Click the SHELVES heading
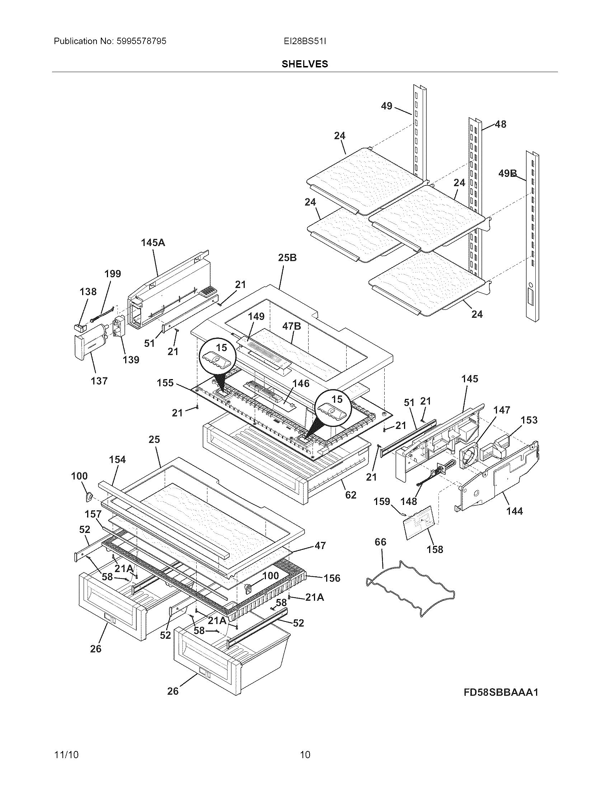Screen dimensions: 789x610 [x=305, y=64]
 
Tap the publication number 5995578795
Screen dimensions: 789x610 [x=141, y=41]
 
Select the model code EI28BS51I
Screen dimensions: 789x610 [x=305, y=41]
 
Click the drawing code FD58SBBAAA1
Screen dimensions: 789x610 [x=501, y=692]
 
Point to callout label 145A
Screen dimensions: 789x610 [x=153, y=243]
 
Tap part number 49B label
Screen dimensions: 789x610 [x=507, y=174]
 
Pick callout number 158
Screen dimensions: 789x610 [x=435, y=549]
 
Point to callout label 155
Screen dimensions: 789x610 [x=165, y=383]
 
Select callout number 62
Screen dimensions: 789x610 [x=351, y=495]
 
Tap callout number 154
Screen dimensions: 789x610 [x=117, y=459]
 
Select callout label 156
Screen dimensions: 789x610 [x=332, y=578]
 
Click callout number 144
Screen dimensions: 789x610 [x=514, y=511]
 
